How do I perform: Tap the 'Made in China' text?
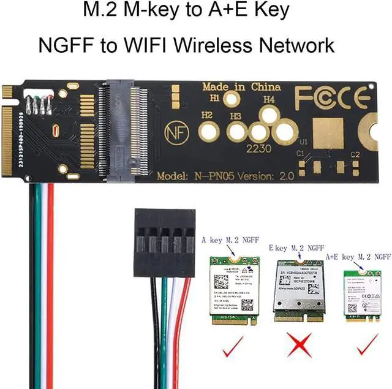(x=241, y=86)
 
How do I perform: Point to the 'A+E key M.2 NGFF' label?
(x=358, y=256)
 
